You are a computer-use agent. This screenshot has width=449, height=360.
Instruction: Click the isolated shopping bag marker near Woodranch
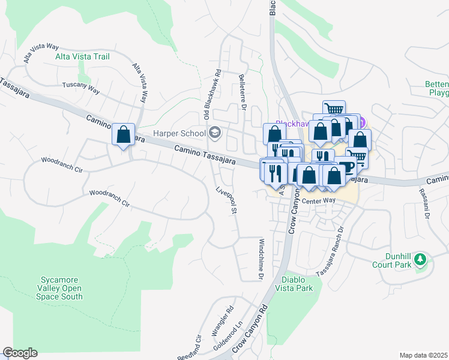tap(123, 134)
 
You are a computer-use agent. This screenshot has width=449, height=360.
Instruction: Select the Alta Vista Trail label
tap(82, 56)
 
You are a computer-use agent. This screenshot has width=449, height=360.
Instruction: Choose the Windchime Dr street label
tap(261, 259)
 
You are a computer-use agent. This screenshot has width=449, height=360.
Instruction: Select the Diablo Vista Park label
tap(297, 284)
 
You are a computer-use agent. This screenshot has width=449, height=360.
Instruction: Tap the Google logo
tap(20, 353)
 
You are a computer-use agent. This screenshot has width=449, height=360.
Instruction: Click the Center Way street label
tap(318, 202)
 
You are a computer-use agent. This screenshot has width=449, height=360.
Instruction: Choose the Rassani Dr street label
tap(427, 207)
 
